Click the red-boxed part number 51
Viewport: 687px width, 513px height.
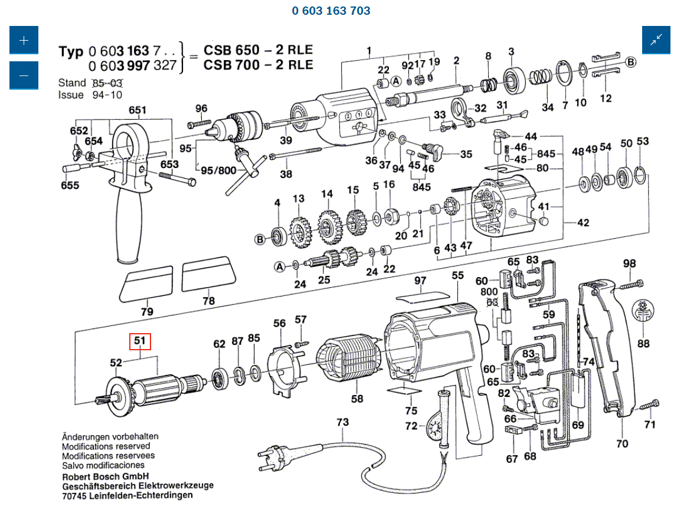pyautogui.click(x=140, y=341)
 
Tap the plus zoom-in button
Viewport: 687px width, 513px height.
pyautogui.click(x=24, y=40)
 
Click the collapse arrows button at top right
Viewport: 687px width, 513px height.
pyautogui.click(x=656, y=40)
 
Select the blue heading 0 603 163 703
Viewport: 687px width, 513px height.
pyautogui.click(x=331, y=11)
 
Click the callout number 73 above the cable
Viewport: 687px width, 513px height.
pyautogui.click(x=342, y=422)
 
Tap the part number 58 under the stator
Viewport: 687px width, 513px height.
pyautogui.click(x=357, y=399)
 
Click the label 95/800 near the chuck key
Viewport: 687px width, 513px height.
pyautogui.click(x=218, y=171)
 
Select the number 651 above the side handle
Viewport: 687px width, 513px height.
pyautogui.click(x=138, y=110)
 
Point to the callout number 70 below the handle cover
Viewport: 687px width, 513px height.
pyautogui.click(x=622, y=443)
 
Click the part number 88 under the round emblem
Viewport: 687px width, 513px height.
pyautogui.click(x=643, y=343)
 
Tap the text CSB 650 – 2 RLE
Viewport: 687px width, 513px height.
pyautogui.click(x=258, y=50)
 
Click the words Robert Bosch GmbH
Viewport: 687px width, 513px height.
pyautogui.click(x=105, y=476)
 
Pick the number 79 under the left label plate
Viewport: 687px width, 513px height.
pyautogui.click(x=147, y=311)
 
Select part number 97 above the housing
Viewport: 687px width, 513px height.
pyautogui.click(x=420, y=281)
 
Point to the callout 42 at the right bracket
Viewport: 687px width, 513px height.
pyautogui.click(x=583, y=223)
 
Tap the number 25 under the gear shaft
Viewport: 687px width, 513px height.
pyautogui.click(x=324, y=280)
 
